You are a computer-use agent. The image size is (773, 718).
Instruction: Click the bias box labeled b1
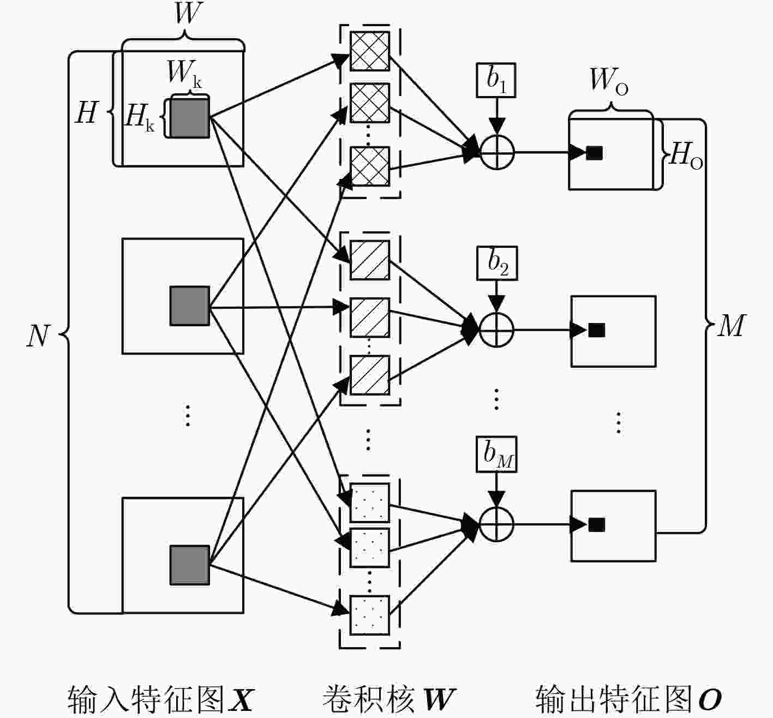[x=496, y=80]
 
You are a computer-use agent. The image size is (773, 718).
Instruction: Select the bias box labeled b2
[x=497, y=263]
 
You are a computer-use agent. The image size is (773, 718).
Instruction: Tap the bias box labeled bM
[x=496, y=454]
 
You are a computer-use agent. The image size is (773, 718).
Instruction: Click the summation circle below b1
[x=497, y=152]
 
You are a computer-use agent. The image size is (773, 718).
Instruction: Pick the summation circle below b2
[x=496, y=330]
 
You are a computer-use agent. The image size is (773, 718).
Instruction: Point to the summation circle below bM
[x=496, y=524]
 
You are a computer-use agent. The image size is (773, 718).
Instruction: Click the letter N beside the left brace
[x=38, y=336]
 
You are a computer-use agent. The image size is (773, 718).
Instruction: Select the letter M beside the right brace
[x=732, y=326]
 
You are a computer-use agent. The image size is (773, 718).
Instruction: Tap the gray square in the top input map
[x=190, y=118]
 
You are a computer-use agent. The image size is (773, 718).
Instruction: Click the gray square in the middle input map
[x=190, y=306]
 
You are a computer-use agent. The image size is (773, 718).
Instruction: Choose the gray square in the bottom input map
[x=190, y=565]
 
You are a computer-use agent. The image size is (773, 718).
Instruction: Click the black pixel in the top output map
[x=595, y=153]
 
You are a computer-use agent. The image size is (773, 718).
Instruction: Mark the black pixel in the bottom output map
[x=597, y=525]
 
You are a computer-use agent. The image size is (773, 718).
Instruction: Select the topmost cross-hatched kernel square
[x=370, y=51]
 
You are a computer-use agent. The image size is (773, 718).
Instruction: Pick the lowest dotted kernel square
[x=370, y=615]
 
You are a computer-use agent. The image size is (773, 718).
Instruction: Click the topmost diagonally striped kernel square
[x=370, y=260]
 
